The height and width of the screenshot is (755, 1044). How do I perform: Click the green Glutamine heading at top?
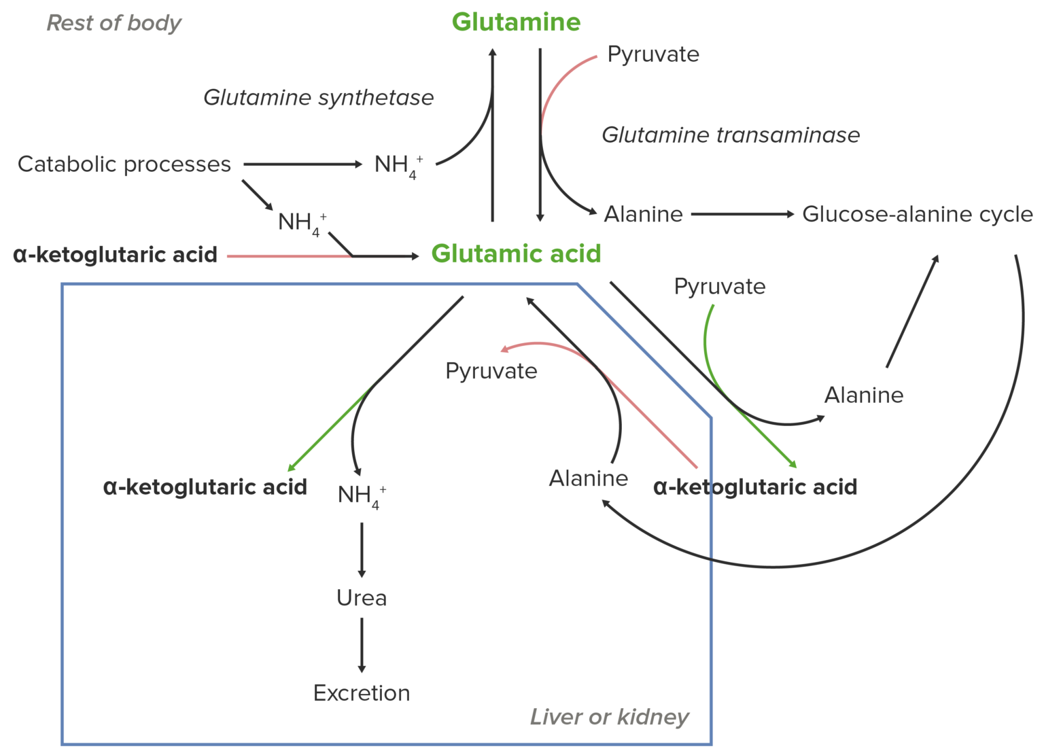coord(516,22)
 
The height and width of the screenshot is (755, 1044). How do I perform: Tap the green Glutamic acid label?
coord(516,254)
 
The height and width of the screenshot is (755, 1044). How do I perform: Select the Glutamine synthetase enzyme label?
coord(318,98)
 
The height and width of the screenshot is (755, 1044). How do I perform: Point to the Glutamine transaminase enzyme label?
coord(731,135)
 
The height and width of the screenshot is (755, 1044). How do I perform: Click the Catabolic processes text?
coord(124,164)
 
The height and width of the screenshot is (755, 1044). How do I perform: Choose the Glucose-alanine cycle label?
coord(917,215)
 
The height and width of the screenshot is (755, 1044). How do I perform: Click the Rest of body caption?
coord(114,23)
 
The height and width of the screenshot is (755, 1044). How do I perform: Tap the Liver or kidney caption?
coord(609,717)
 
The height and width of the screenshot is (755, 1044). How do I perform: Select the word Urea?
coord(362,598)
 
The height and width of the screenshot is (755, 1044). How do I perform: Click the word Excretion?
coord(362,693)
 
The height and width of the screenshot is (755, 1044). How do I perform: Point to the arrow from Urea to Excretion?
coord(362,646)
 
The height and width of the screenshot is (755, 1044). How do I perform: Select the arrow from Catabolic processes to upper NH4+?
coord(302,164)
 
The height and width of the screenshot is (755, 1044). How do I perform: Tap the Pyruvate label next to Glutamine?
coord(653,54)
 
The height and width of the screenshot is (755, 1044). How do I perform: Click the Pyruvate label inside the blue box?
coord(491,371)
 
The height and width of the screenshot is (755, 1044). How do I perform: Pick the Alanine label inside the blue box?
coord(588,478)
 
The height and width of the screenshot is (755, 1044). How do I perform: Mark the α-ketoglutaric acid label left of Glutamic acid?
coord(115,255)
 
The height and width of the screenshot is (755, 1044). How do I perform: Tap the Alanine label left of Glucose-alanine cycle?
coord(643,215)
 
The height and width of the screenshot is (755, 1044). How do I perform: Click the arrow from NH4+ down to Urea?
coord(362,550)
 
